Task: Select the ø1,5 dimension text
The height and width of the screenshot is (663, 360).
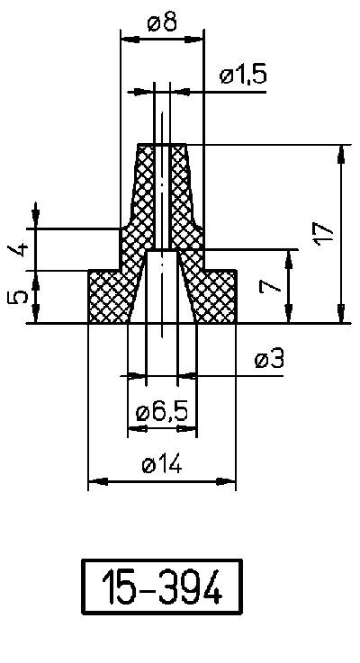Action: (x=242, y=76)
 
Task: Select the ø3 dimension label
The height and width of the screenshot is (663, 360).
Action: (x=269, y=360)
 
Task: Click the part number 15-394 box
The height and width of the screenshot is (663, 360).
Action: (x=163, y=588)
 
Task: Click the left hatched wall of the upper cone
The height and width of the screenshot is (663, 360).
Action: (x=142, y=193)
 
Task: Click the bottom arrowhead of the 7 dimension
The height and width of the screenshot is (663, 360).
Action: (x=290, y=316)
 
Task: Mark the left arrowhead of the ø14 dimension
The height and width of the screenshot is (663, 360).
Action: (x=94, y=482)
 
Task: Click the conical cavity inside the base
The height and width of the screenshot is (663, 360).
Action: (x=162, y=288)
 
